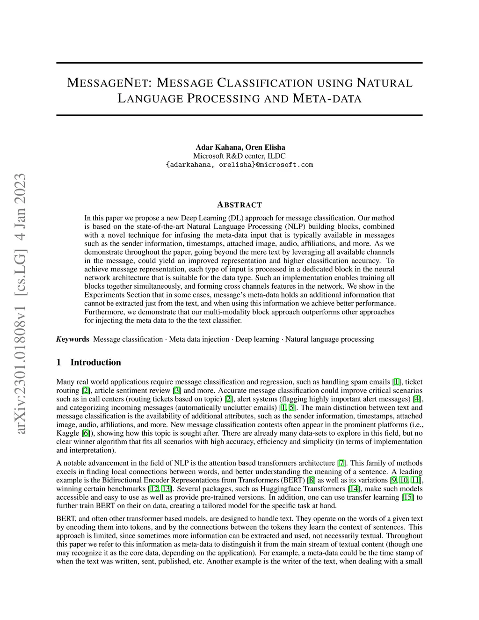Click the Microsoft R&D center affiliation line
point(239,156)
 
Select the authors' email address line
point(239,165)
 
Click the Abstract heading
point(239,205)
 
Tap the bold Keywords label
point(73,339)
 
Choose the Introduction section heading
point(95,362)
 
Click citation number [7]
point(341,463)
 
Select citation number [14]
point(354,489)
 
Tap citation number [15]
point(408,497)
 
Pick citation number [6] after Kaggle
point(86,433)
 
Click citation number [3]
point(177,390)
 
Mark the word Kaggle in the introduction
point(68,433)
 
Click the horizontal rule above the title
point(239,63)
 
